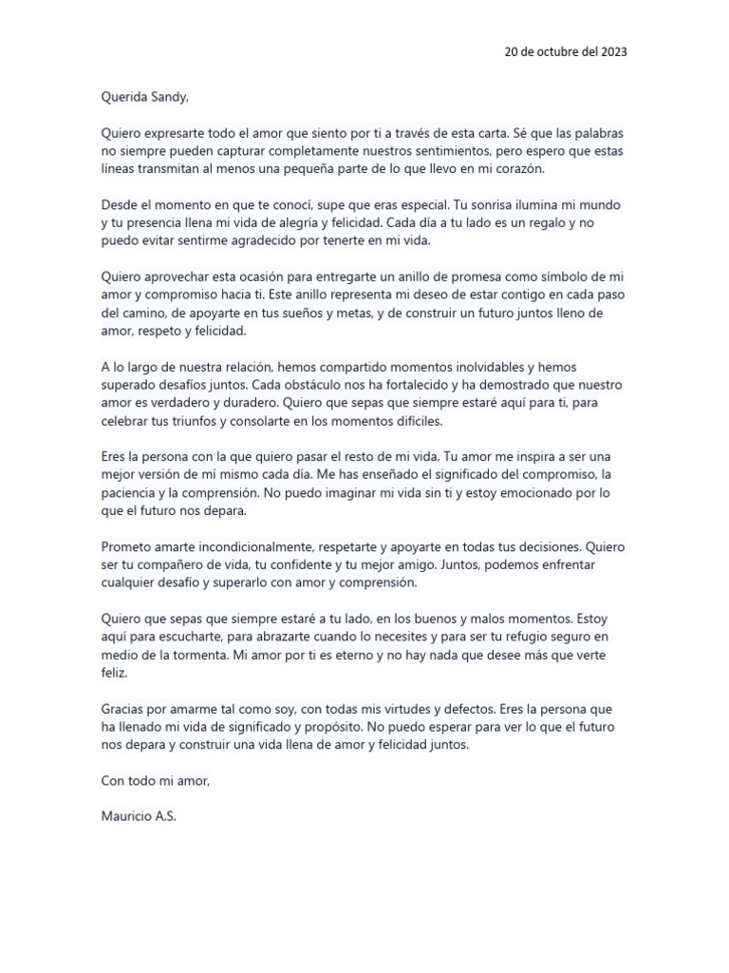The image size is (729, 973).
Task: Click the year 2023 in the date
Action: (x=612, y=51)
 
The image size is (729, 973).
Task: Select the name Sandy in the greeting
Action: (x=174, y=96)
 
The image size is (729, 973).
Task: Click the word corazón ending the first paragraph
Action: (x=522, y=168)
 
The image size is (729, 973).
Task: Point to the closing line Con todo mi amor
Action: (x=155, y=781)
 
